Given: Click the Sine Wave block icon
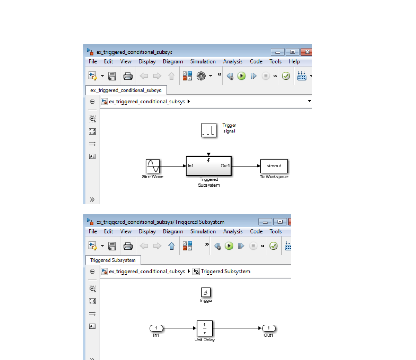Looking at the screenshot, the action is [153, 166].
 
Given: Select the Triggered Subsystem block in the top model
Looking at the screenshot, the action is [209, 166].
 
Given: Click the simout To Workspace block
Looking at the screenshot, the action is [274, 166].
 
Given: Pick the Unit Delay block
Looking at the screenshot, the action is [205, 328].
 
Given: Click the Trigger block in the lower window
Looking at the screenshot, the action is [206, 292].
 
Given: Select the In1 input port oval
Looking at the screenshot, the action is [156, 328].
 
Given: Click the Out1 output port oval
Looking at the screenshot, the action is [268, 328].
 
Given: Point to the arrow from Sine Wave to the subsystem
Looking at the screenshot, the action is [173, 166].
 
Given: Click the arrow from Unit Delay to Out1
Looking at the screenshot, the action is [237, 328].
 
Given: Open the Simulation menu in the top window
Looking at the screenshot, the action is [203, 61].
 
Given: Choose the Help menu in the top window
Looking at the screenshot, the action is [294, 61].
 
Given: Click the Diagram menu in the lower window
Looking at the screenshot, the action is [173, 231].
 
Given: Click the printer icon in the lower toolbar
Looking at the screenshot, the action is [128, 246].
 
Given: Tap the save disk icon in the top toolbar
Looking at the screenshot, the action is [112, 76].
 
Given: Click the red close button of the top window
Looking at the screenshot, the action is [307, 52].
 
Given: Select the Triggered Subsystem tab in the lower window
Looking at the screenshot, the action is [113, 260].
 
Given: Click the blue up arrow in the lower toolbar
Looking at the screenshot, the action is [171, 246].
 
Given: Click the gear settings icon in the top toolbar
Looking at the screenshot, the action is [201, 76].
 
